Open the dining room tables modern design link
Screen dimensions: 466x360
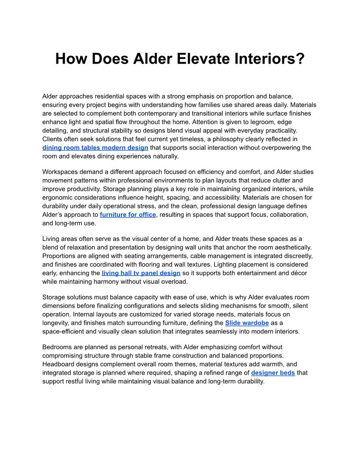tap(95, 147)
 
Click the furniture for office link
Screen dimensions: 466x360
tap(128, 214)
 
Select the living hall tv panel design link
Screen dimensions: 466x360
tap(141, 273)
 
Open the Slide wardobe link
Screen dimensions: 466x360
tap(247, 323)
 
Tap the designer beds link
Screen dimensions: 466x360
tap(273, 372)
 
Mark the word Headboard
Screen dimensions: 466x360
tap(59, 364)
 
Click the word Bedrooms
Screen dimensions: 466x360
tap(58, 347)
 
